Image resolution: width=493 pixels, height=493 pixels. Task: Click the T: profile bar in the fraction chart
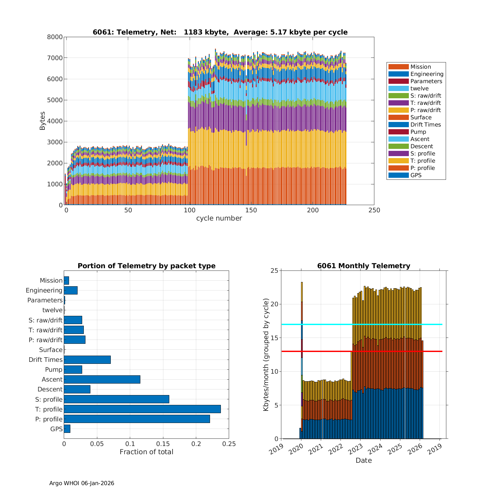click(142, 409)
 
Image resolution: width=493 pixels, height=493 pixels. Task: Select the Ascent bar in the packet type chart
click(102, 379)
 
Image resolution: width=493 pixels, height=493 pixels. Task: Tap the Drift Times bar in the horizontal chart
click(87, 360)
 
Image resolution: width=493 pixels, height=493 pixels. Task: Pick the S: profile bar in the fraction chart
click(116, 399)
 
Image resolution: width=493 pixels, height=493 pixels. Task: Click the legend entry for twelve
click(419, 88)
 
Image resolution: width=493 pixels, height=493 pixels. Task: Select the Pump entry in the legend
click(418, 132)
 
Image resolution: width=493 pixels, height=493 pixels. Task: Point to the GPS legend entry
click(416, 175)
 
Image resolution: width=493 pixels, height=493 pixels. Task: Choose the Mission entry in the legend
click(420, 67)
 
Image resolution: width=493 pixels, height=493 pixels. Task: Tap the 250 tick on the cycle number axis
click(374, 210)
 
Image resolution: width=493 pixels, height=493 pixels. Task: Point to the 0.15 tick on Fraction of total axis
click(163, 444)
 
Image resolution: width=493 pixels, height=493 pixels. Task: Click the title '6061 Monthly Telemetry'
click(364, 266)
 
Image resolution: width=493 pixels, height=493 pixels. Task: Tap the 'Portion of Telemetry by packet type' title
click(146, 266)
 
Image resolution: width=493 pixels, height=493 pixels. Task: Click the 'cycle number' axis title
click(219, 218)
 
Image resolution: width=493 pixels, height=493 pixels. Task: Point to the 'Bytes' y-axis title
click(42, 121)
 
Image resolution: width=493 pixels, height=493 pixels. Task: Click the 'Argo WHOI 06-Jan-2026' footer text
click(82, 483)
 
